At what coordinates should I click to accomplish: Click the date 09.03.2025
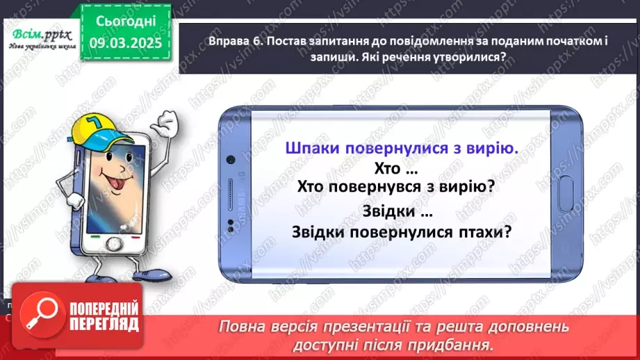122,42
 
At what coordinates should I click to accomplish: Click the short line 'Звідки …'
398,211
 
